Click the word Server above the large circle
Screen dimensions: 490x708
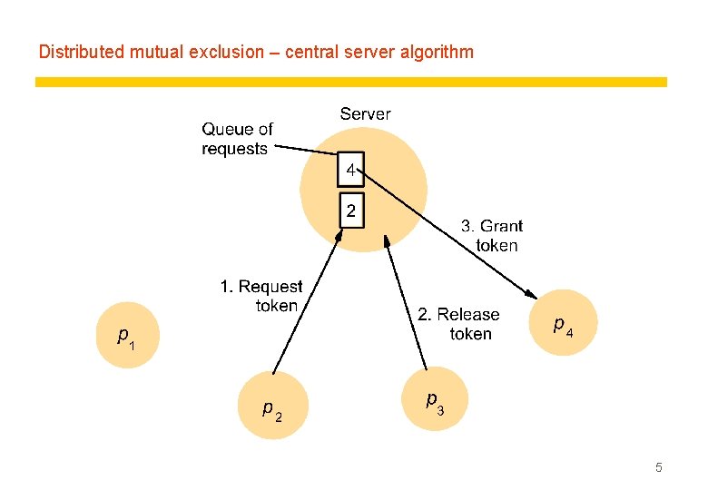(365, 114)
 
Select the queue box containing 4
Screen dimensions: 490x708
(350, 170)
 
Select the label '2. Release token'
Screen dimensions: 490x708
(458, 324)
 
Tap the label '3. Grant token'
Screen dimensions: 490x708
(492, 236)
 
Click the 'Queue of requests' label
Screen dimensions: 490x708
(237, 139)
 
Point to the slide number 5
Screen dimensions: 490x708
(659, 468)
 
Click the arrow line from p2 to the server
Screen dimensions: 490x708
(307, 299)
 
